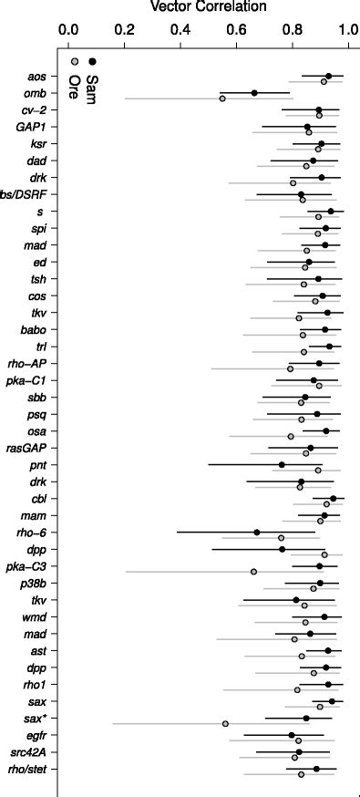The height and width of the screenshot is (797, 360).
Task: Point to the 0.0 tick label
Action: (68, 31)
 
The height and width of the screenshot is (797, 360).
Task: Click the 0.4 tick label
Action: (180, 31)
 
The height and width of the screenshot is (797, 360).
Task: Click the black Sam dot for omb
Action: (254, 93)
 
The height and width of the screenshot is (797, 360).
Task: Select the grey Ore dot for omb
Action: (222, 98)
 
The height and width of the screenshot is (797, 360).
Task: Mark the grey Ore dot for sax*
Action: (225, 724)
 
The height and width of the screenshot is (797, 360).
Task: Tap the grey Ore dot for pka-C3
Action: (253, 572)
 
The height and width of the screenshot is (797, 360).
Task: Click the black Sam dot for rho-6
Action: (256, 533)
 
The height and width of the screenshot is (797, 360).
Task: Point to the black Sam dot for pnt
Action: (282, 465)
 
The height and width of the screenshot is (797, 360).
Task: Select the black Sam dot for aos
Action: (329, 77)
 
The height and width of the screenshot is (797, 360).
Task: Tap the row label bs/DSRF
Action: (25, 194)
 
